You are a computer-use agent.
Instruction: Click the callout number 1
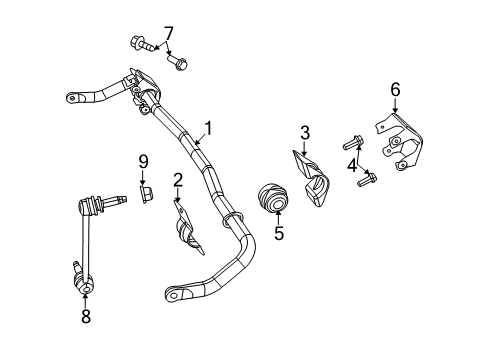click(x=209, y=127)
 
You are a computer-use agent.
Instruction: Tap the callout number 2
click(x=177, y=180)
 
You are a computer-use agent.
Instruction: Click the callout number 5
click(x=279, y=235)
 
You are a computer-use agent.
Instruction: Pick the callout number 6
click(x=395, y=90)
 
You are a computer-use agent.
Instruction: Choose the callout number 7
click(x=168, y=33)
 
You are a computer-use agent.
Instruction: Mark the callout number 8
click(x=83, y=315)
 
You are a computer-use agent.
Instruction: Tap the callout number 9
click(x=143, y=160)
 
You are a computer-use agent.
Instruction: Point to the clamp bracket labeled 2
click(x=186, y=229)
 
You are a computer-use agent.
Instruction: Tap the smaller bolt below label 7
click(x=180, y=62)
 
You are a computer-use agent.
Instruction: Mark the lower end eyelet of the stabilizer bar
click(x=176, y=294)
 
